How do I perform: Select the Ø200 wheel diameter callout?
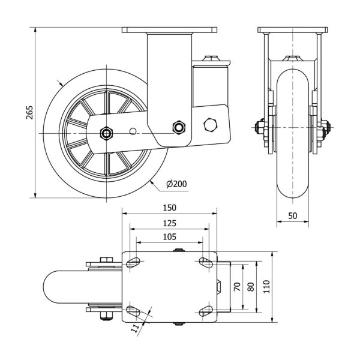[x=174, y=184]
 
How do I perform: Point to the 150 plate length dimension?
[x=169, y=208]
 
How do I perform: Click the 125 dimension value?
[x=169, y=223]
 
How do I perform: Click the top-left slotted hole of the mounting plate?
[x=133, y=262]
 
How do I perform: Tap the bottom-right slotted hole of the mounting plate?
[x=205, y=310]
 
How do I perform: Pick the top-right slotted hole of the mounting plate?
[x=205, y=262]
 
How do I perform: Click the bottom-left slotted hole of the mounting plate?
[x=133, y=310]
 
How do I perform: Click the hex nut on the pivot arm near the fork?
[x=178, y=127]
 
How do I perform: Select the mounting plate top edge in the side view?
[x=169, y=28]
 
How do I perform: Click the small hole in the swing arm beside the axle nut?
[x=133, y=130]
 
